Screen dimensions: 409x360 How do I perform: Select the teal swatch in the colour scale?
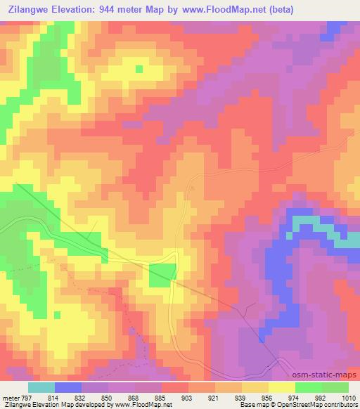[41, 387]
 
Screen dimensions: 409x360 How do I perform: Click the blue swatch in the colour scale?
[68, 387]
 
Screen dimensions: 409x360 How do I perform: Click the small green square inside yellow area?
[139, 68]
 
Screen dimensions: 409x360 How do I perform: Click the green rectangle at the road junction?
[162, 275]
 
